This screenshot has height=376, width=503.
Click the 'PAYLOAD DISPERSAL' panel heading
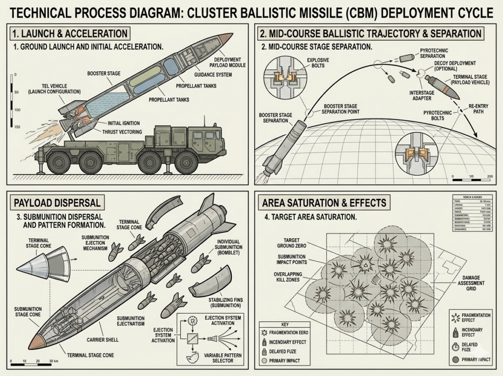pyautogui.click(x=57, y=202)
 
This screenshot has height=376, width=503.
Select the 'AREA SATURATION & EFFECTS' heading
pyautogui.click(x=324, y=202)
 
